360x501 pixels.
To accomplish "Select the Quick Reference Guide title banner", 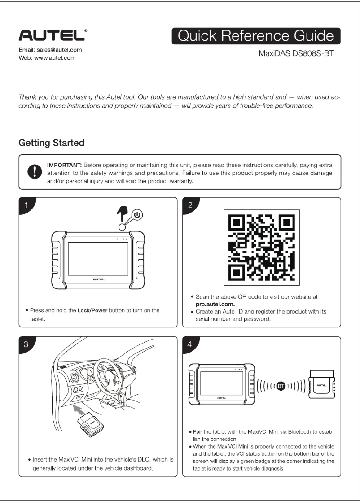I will (x=256, y=36).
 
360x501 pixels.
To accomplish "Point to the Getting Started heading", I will (x=51, y=143).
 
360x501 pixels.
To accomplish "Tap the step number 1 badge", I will (x=27, y=205).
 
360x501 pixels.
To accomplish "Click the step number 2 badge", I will (x=191, y=205).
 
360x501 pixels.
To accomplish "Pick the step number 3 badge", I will (x=27, y=344).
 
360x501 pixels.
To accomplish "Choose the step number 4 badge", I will (x=191, y=344).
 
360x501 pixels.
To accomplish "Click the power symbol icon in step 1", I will (x=137, y=215).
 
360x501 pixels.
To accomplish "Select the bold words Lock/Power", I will (x=92, y=310).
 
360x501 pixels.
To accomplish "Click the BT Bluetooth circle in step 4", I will (x=281, y=385).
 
